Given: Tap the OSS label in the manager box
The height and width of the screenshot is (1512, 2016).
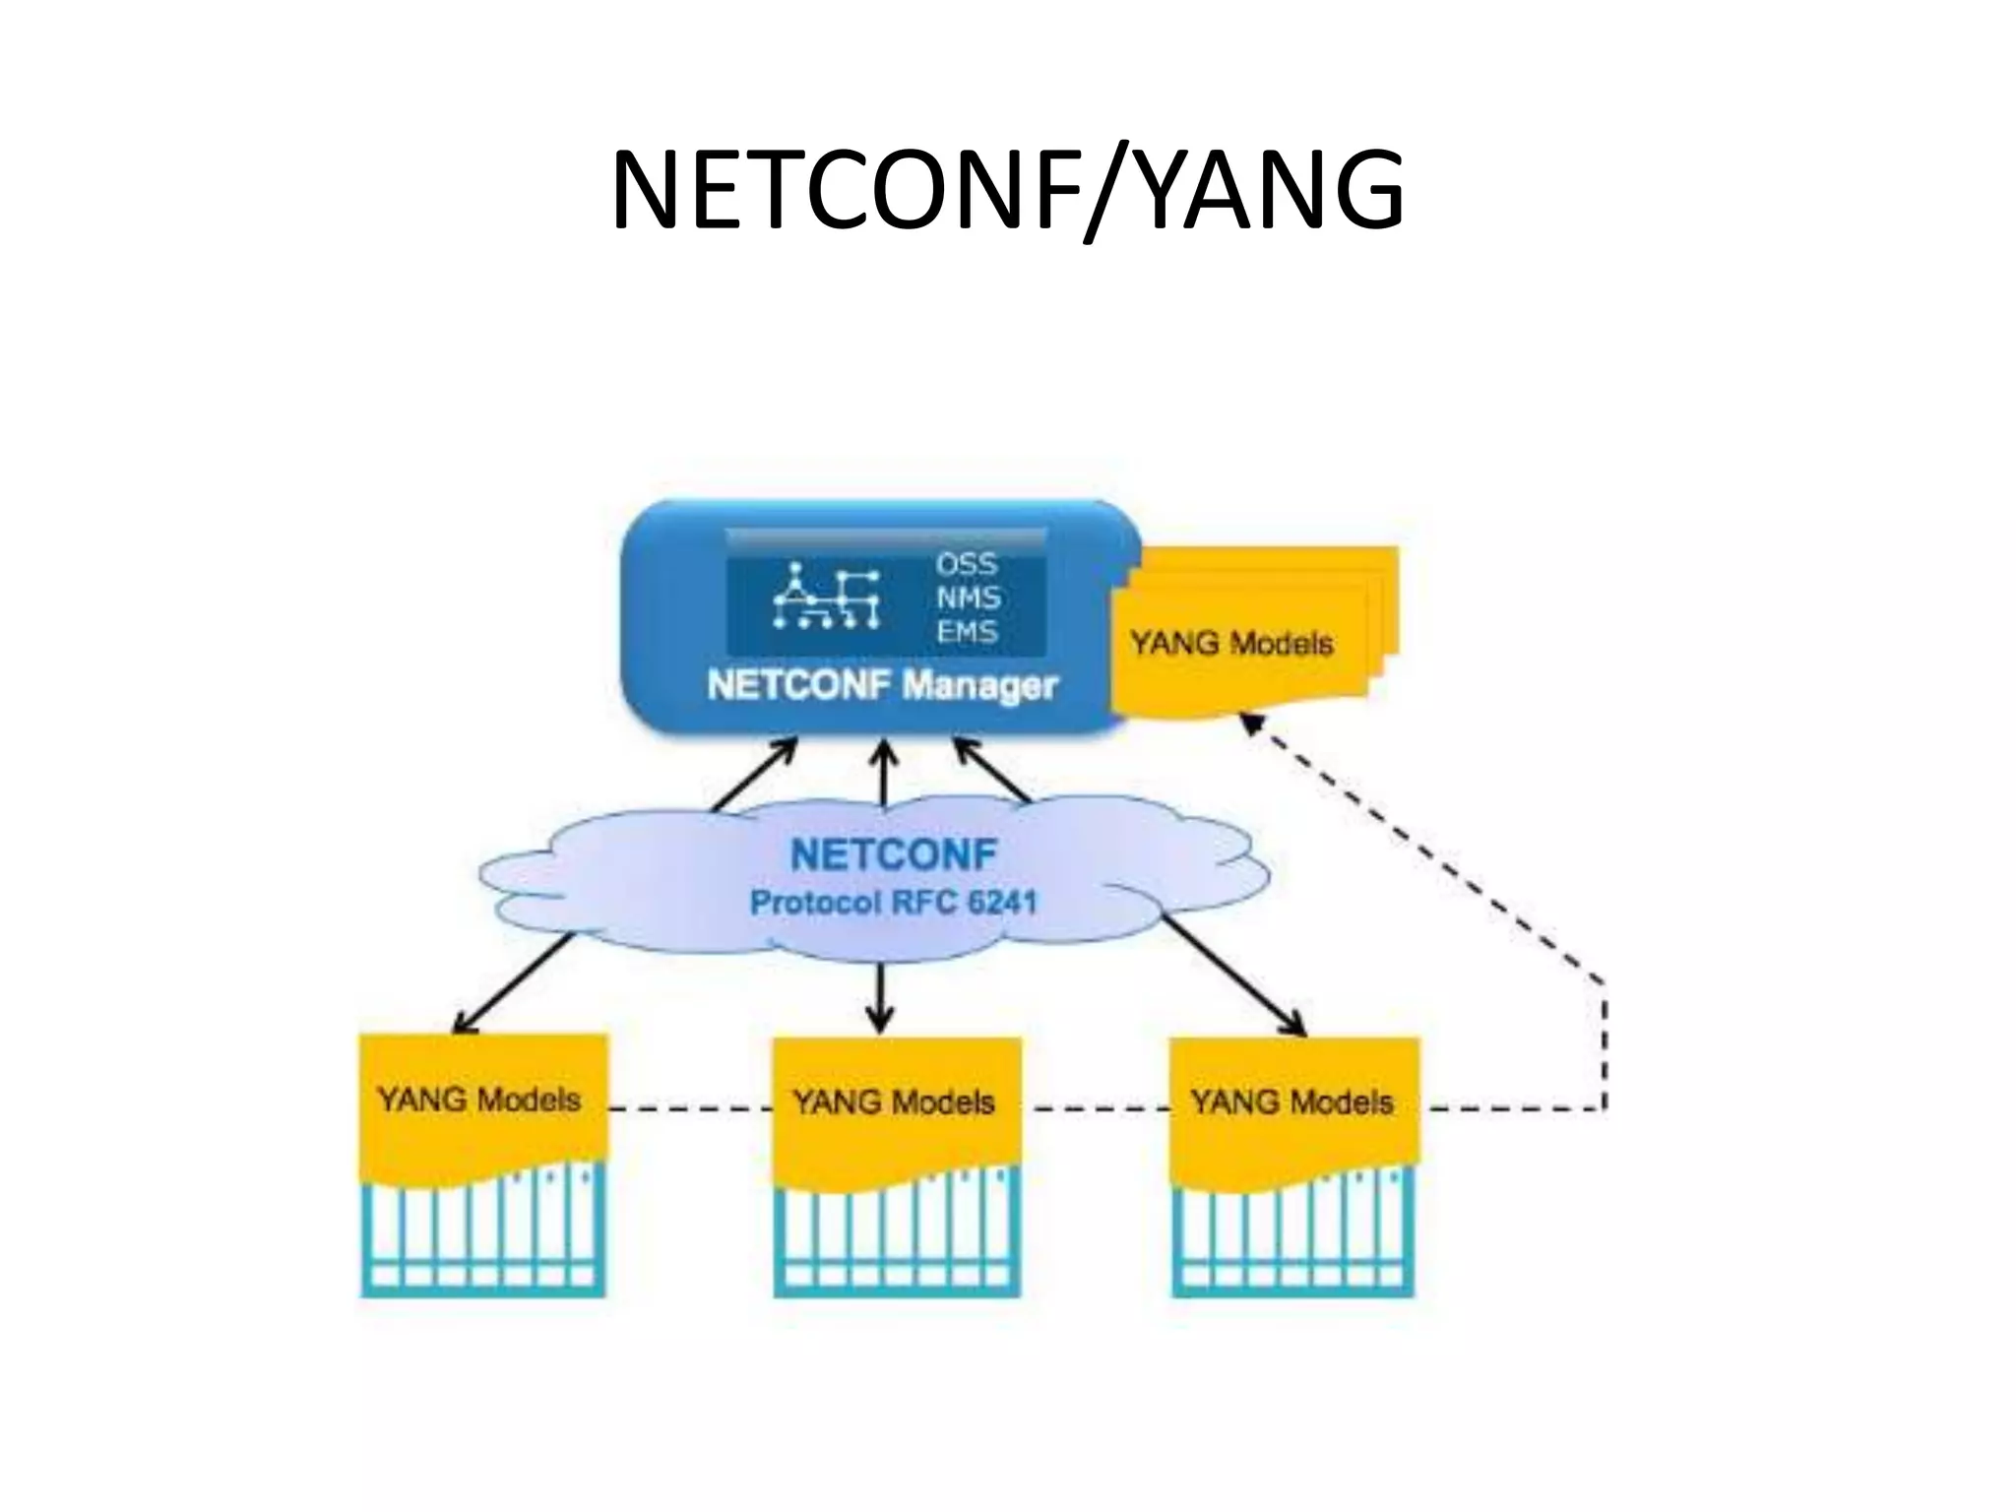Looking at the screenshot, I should click(x=966, y=564).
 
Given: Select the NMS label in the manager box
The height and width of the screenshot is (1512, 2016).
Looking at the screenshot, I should click(x=968, y=598).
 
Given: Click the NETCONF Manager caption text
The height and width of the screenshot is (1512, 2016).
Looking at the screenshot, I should click(x=882, y=685).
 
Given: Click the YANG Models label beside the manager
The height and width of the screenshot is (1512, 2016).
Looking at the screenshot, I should click(x=1231, y=643).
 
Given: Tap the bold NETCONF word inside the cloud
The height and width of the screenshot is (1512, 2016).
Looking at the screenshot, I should click(x=893, y=854).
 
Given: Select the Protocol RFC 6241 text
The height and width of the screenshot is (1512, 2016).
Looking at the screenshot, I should click(x=893, y=902).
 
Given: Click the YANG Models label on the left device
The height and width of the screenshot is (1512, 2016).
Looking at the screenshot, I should click(x=479, y=1099).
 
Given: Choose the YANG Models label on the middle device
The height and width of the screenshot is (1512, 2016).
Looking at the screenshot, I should click(x=893, y=1102).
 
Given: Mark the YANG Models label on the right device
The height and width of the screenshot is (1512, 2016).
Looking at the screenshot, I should click(x=1291, y=1102).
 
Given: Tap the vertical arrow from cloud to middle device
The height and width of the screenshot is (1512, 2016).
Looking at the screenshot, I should click(x=880, y=996).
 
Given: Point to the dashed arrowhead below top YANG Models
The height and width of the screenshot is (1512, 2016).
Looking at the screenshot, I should click(x=1250, y=724).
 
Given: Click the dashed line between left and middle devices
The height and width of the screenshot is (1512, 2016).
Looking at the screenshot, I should click(x=689, y=1109).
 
